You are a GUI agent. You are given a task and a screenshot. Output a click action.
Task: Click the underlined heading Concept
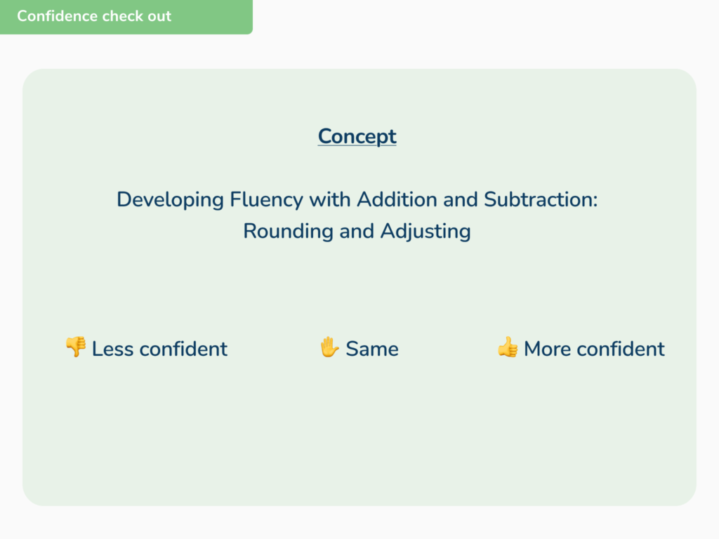point(357,137)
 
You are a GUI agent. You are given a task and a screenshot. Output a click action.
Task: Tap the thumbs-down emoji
point(76,347)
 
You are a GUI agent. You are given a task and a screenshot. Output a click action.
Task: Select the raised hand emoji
point(329,347)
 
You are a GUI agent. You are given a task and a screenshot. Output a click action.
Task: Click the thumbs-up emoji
point(508,347)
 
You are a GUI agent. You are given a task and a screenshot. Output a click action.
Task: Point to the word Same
point(372,349)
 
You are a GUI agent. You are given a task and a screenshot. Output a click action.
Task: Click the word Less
point(113,349)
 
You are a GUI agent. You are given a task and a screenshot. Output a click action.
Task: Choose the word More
point(547,349)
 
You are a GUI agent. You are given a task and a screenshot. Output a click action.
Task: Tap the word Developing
point(170,200)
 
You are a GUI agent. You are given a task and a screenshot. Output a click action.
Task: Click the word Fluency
point(266,200)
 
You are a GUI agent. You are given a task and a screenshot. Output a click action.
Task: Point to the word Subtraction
point(541,199)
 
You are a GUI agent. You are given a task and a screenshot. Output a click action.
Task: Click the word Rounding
point(288,232)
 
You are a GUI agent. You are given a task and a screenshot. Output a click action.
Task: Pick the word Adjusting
point(426,232)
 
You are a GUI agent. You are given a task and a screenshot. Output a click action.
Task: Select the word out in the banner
point(160,17)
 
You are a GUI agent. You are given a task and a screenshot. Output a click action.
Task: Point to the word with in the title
point(330,199)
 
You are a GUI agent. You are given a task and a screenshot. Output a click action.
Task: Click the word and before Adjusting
point(357,231)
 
